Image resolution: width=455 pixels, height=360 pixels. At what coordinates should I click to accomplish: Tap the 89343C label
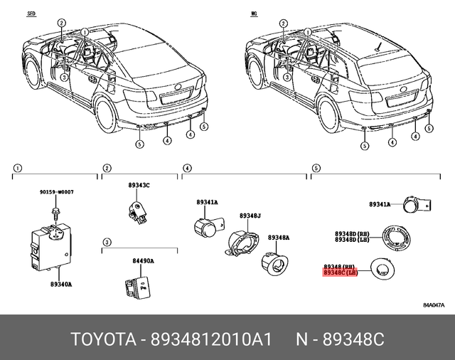[x=139, y=185]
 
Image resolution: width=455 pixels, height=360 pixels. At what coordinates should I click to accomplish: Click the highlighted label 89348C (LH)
[x=344, y=272]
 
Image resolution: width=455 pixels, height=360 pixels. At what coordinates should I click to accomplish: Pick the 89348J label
[x=250, y=216]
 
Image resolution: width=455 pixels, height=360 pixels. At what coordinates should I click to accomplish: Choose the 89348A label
[x=279, y=238]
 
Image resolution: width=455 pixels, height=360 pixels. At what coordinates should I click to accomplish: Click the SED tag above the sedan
[x=31, y=14]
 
